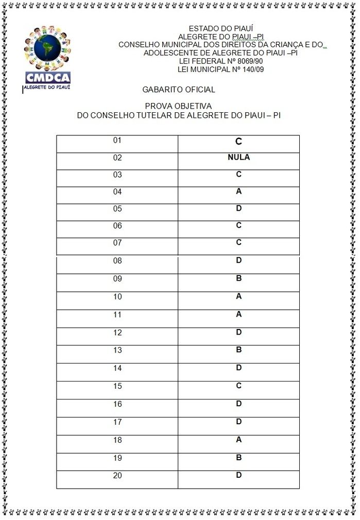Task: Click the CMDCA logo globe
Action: pyautogui.click(x=47, y=48)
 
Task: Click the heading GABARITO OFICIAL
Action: pyautogui.click(x=179, y=90)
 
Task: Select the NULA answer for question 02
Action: pyautogui.click(x=238, y=158)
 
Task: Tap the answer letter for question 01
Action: pyautogui.click(x=238, y=142)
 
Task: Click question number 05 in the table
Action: pyautogui.click(x=117, y=209)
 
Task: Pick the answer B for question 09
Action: pyautogui.click(x=238, y=279)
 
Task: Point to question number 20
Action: pyautogui.click(x=117, y=475)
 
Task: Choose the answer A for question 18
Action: pyautogui.click(x=238, y=440)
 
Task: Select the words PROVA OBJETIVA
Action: pyautogui.click(x=178, y=106)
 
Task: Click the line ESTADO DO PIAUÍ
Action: pyautogui.click(x=221, y=29)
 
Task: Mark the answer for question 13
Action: pyautogui.click(x=238, y=350)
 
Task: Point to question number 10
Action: pyautogui.click(x=117, y=297)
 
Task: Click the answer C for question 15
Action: pyautogui.click(x=238, y=386)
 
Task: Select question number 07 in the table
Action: pyautogui.click(x=117, y=243)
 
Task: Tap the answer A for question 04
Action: pyautogui.click(x=238, y=192)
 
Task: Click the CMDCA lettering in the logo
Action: pyautogui.click(x=47, y=78)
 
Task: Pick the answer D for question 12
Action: pyautogui.click(x=238, y=332)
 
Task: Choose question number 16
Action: pyautogui.click(x=117, y=404)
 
